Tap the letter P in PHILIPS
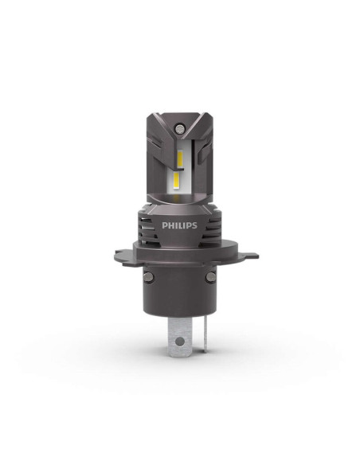point(164,225)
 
